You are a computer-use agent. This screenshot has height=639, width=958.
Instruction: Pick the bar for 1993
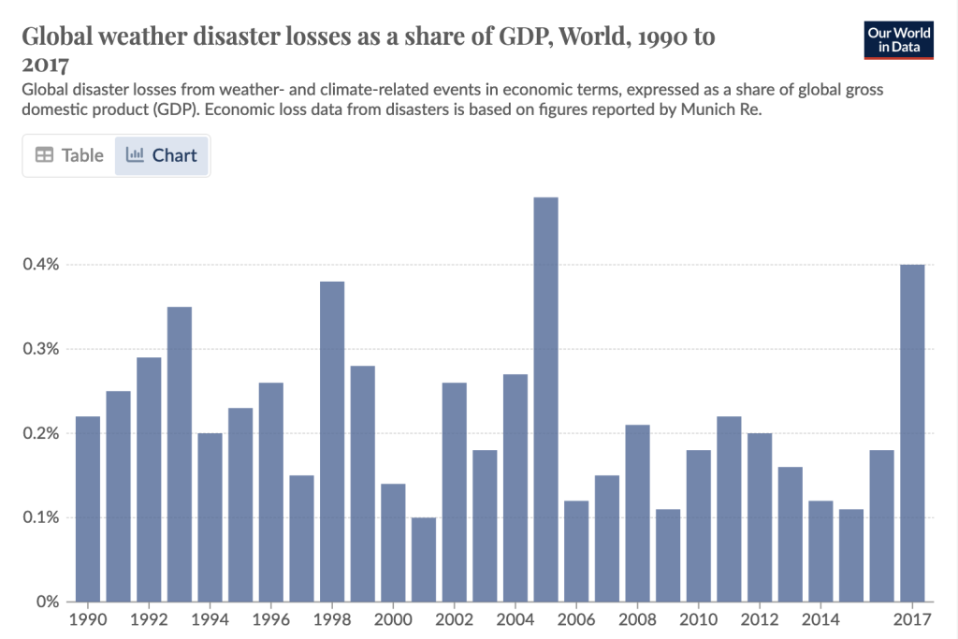(180, 454)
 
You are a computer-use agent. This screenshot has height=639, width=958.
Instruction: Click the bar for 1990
(88, 509)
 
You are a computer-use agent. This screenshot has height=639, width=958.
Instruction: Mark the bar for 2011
(729, 509)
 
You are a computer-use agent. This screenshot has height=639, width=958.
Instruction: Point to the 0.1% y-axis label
(40, 517)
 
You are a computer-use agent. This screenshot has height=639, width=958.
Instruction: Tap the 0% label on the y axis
(48, 602)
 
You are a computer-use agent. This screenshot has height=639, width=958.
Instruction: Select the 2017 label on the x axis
(912, 619)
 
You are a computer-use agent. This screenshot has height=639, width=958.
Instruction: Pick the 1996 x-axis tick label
(271, 619)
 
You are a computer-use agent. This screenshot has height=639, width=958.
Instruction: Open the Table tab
(69, 155)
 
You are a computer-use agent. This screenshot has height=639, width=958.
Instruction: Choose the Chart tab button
(162, 155)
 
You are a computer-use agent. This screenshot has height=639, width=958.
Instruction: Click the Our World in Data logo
(899, 39)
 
